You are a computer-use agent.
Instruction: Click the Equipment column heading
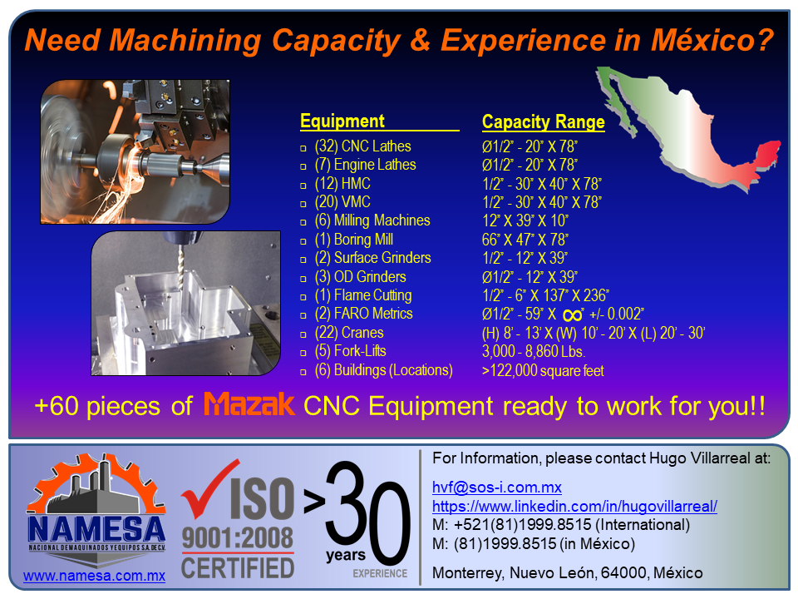342,121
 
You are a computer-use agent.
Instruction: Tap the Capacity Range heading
543,122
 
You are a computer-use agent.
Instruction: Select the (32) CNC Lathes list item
363,146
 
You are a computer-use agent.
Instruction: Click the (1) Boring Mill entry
354,240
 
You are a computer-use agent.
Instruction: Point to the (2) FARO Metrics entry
363,314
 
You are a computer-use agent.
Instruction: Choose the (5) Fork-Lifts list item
350,351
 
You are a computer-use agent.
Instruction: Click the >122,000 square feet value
543,370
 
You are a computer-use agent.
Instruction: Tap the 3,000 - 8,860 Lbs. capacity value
534,351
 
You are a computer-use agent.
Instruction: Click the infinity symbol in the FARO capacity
573,315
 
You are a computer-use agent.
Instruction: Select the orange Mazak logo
249,404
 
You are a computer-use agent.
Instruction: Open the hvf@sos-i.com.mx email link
497,488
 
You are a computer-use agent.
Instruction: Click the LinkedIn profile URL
574,507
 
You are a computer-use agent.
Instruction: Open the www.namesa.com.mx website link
94,576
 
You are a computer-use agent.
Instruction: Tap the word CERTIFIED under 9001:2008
238,567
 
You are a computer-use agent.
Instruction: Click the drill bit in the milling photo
180,265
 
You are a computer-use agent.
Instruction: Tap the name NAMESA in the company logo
96,529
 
